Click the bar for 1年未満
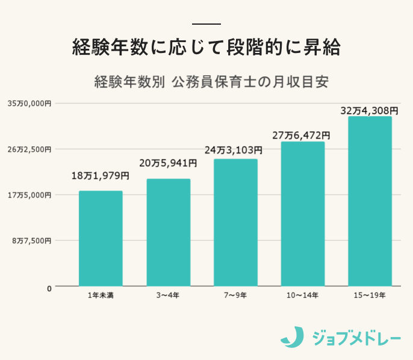[101, 238]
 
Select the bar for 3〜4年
[168, 232]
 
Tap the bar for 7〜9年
[235, 223]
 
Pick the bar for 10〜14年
[303, 214]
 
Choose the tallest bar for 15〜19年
[370, 201]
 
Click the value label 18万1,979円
[101, 176]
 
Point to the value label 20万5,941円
[168, 163]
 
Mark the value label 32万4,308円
[369, 111]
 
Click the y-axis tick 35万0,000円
[29, 104]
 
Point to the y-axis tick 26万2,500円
[29, 149]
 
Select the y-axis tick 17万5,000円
[29, 195]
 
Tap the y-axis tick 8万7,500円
[31, 241]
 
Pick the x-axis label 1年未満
[101, 296]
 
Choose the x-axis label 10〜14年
[303, 296]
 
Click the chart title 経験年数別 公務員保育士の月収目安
[211, 82]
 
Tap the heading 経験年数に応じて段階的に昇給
[206, 47]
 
